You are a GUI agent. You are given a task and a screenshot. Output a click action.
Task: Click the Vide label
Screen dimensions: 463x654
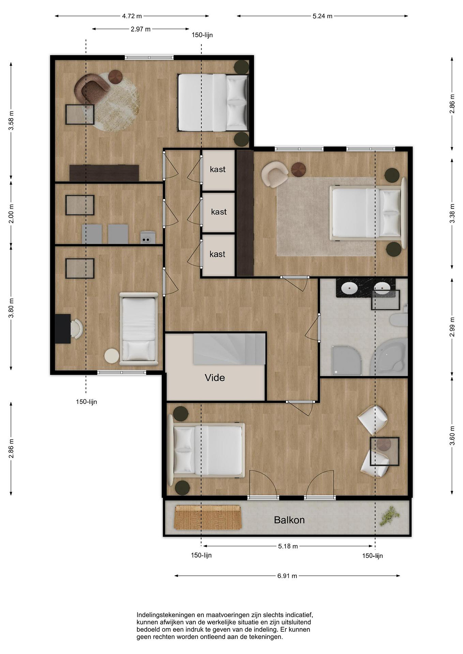tap(215, 378)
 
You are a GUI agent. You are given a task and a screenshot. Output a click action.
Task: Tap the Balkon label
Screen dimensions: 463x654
tap(289, 520)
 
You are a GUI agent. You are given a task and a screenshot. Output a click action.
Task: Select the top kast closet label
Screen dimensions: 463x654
tap(218, 169)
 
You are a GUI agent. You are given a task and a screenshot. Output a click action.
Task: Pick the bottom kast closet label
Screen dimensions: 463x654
tap(217, 254)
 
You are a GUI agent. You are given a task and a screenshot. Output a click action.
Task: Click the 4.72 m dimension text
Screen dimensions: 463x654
tap(132, 16)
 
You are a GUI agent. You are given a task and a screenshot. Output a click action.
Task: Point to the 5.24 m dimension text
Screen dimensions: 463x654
tap(323, 16)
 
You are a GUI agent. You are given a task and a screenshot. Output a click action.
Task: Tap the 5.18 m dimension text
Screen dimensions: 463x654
tap(288, 546)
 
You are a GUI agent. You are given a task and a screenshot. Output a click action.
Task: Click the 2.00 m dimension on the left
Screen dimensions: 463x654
tap(11, 214)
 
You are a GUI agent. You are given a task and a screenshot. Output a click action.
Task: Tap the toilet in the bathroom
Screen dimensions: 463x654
tap(399, 320)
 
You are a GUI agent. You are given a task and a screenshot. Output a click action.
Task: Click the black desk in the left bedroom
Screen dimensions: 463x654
tap(63, 329)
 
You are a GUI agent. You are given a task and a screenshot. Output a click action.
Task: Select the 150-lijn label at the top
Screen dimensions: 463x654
tap(202, 35)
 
